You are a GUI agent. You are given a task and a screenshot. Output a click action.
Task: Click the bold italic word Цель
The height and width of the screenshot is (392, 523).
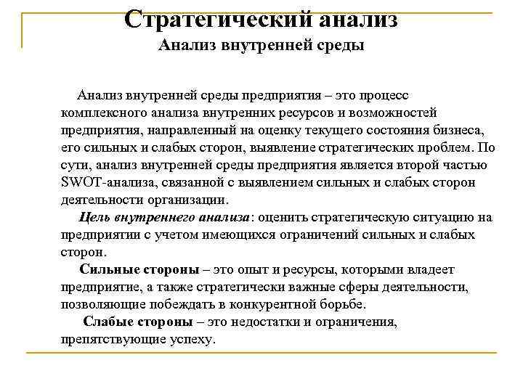tap(93, 217)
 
